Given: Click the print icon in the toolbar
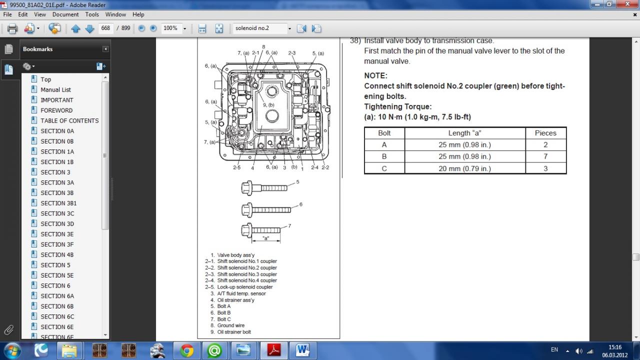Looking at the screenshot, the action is tap(12, 28).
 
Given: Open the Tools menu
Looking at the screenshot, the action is tap(91, 14).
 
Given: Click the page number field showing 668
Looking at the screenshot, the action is tap(105, 28).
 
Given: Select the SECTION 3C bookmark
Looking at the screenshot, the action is tap(57, 213).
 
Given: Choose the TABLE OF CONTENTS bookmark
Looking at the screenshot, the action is tap(69, 120).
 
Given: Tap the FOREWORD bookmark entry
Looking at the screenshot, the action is tap(56, 110).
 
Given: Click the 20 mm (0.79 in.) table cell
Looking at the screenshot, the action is tap(465, 168).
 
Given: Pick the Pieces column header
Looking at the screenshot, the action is tap(545, 133).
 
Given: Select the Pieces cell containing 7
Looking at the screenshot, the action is tap(545, 156).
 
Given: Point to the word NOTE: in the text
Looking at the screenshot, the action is tap(375, 75).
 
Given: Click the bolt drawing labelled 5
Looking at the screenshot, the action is tap(264, 188).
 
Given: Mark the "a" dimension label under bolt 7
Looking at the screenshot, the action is tap(265, 238).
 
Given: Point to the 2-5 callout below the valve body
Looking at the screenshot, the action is tap(236, 167).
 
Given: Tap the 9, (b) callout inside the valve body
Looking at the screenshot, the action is tap(268, 105).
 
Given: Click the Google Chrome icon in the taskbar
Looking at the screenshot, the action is tap(187, 350).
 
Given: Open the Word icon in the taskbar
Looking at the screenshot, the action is tap(302, 350).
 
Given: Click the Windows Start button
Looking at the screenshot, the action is tap(12, 350).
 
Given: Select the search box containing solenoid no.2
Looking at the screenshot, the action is tap(260, 28).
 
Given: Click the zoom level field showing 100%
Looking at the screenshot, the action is tap(171, 28).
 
